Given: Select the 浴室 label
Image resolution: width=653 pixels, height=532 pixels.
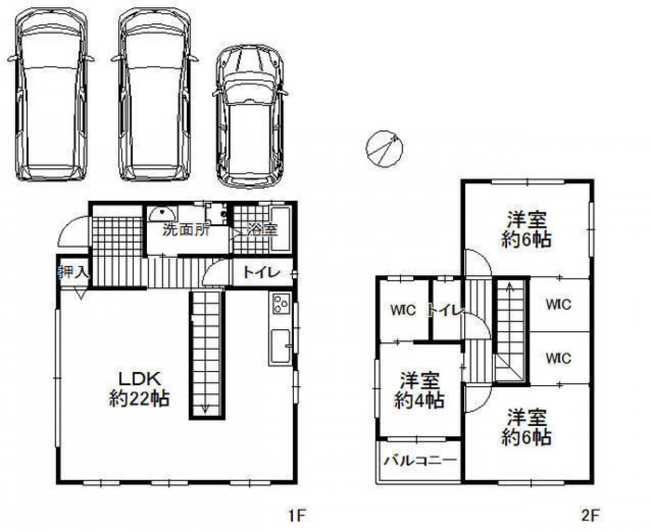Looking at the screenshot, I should (x=262, y=230).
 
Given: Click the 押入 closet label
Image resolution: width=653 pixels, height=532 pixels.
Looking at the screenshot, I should (x=73, y=272).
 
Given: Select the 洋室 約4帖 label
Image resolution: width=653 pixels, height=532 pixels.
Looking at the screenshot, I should (x=419, y=391).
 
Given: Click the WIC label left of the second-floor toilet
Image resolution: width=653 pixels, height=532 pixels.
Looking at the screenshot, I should (x=403, y=311).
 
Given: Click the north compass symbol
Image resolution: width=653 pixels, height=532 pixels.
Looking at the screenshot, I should (x=384, y=147).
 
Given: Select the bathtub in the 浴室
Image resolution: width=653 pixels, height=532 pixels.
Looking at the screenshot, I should (x=281, y=228).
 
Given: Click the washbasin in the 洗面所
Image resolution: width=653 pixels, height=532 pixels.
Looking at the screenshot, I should (x=161, y=213).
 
